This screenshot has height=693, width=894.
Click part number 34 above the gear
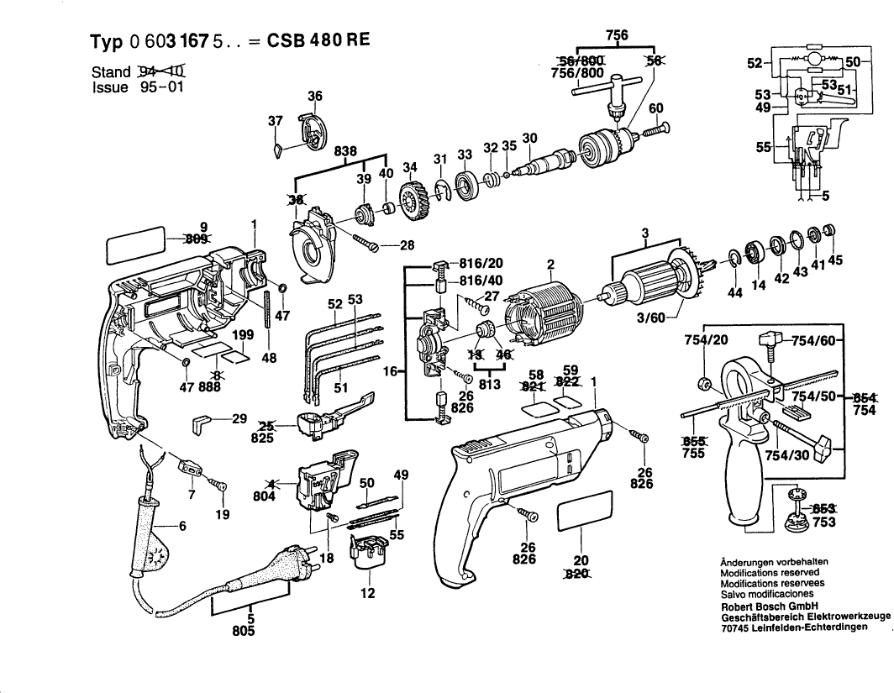point(410,166)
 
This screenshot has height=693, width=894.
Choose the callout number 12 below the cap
point(366,594)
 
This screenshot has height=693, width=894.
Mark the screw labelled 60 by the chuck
point(655,129)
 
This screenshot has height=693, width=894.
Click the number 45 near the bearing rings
point(834,260)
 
